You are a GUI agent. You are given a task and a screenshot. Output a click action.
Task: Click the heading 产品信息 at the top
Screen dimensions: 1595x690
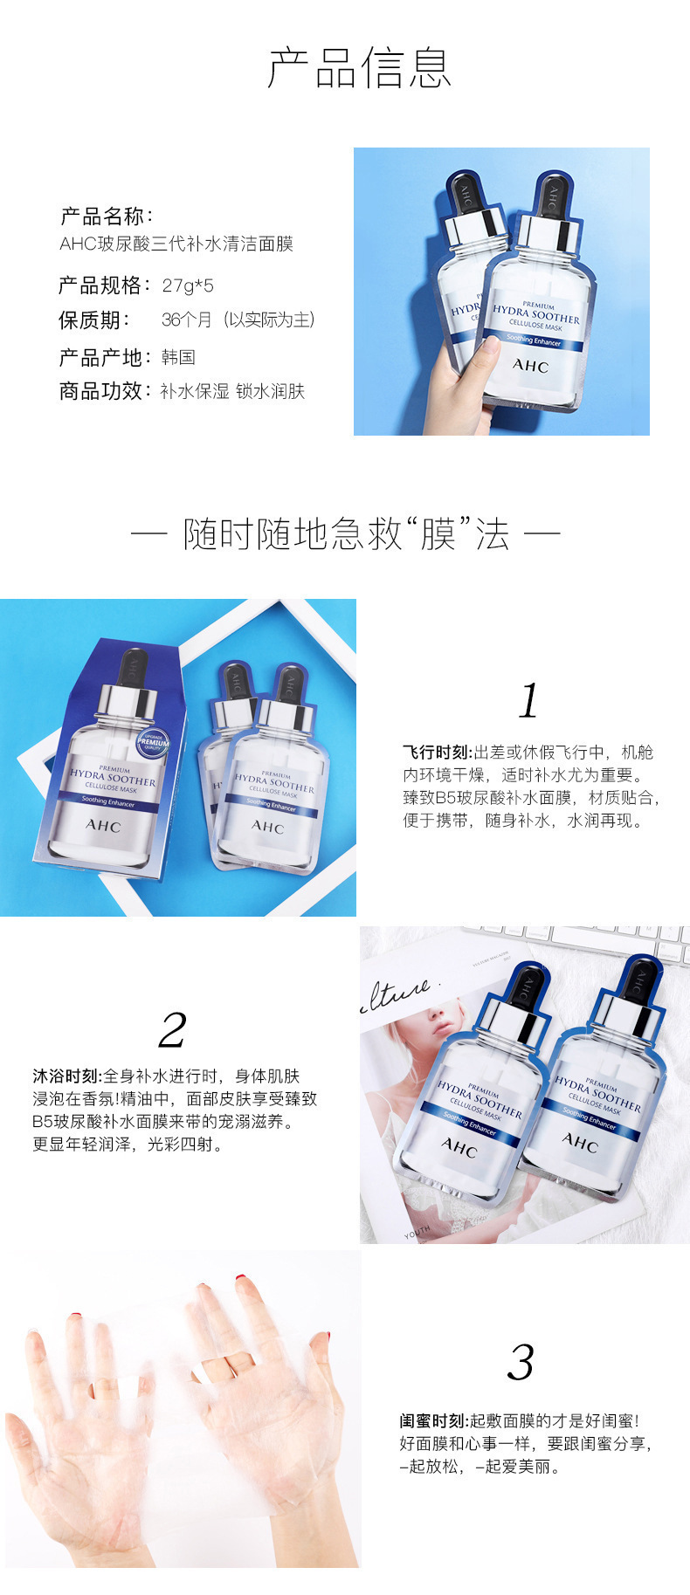tap(358, 68)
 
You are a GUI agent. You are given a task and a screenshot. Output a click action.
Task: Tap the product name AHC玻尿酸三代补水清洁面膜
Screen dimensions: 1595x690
tap(176, 244)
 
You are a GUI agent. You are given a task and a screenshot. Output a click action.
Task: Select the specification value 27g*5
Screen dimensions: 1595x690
tap(188, 285)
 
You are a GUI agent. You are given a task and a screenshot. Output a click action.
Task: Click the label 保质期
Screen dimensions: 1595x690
tap(94, 320)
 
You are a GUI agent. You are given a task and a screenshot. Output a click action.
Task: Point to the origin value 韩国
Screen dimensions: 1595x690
tap(178, 357)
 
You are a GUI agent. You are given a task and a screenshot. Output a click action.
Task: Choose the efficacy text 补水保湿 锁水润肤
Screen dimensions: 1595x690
tap(232, 391)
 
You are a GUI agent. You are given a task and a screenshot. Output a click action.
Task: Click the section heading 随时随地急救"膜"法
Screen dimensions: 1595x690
tap(345, 533)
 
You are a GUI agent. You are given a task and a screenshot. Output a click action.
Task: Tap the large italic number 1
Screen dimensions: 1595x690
tap(528, 701)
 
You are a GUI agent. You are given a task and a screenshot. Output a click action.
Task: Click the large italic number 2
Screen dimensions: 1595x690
tap(172, 1029)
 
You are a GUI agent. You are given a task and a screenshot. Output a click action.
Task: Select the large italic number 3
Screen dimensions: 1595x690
tap(521, 1362)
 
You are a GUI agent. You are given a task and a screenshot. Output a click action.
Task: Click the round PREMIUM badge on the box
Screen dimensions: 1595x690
tap(154, 743)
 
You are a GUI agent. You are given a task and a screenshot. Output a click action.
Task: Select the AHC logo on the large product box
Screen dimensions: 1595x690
tap(102, 826)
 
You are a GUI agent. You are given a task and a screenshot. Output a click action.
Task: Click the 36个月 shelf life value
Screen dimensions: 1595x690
tap(187, 320)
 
